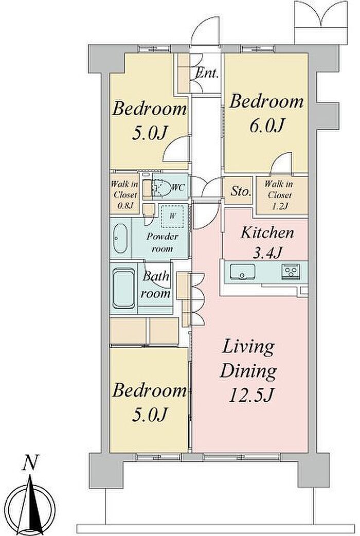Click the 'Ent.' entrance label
click(207, 73)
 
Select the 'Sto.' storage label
click(241, 191)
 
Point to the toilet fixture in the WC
click(161, 188)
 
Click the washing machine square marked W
click(172, 216)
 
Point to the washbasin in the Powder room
click(120, 238)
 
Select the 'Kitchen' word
click(267, 233)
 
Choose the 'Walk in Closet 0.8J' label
click(124, 195)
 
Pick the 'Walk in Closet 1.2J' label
click(279, 195)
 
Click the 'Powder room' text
click(162, 242)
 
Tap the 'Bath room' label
click(156, 284)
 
